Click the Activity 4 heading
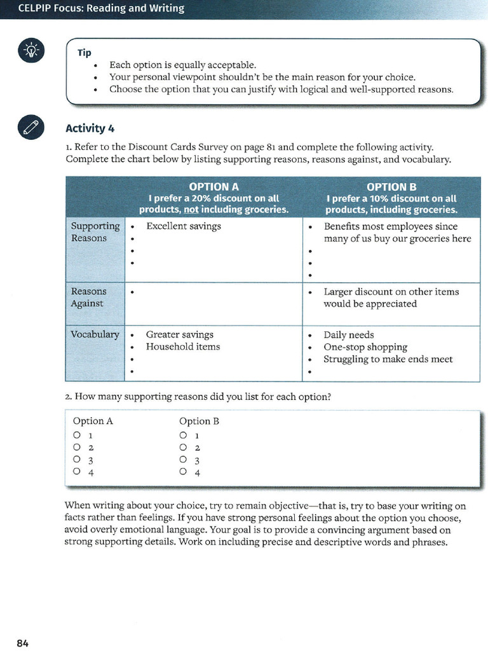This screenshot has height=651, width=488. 90,128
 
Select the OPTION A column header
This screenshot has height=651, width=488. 213,187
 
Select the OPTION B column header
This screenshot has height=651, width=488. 391,187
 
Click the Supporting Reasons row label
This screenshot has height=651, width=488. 95,232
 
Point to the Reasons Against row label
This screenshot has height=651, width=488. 88,298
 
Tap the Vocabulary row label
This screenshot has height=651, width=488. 95,334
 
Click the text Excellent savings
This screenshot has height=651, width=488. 183,226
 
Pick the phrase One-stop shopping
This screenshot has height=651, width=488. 365,347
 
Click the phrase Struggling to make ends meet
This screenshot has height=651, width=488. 388,359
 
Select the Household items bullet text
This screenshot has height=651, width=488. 182,346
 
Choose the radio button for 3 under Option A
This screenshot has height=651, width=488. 77,460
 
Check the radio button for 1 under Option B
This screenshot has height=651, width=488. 183,436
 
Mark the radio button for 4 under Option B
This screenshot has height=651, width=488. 183,472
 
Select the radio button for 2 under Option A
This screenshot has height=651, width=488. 77,448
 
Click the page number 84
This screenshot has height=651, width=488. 22,643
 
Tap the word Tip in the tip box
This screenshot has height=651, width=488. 84,53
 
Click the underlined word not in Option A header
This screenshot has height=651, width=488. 191,209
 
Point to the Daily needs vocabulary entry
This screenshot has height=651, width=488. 348,335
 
